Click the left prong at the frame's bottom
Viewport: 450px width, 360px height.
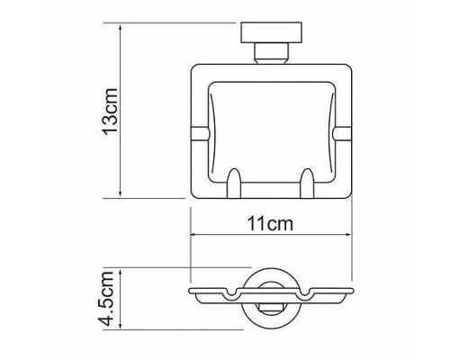click(235, 184)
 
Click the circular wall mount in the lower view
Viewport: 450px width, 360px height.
click(267, 298)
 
